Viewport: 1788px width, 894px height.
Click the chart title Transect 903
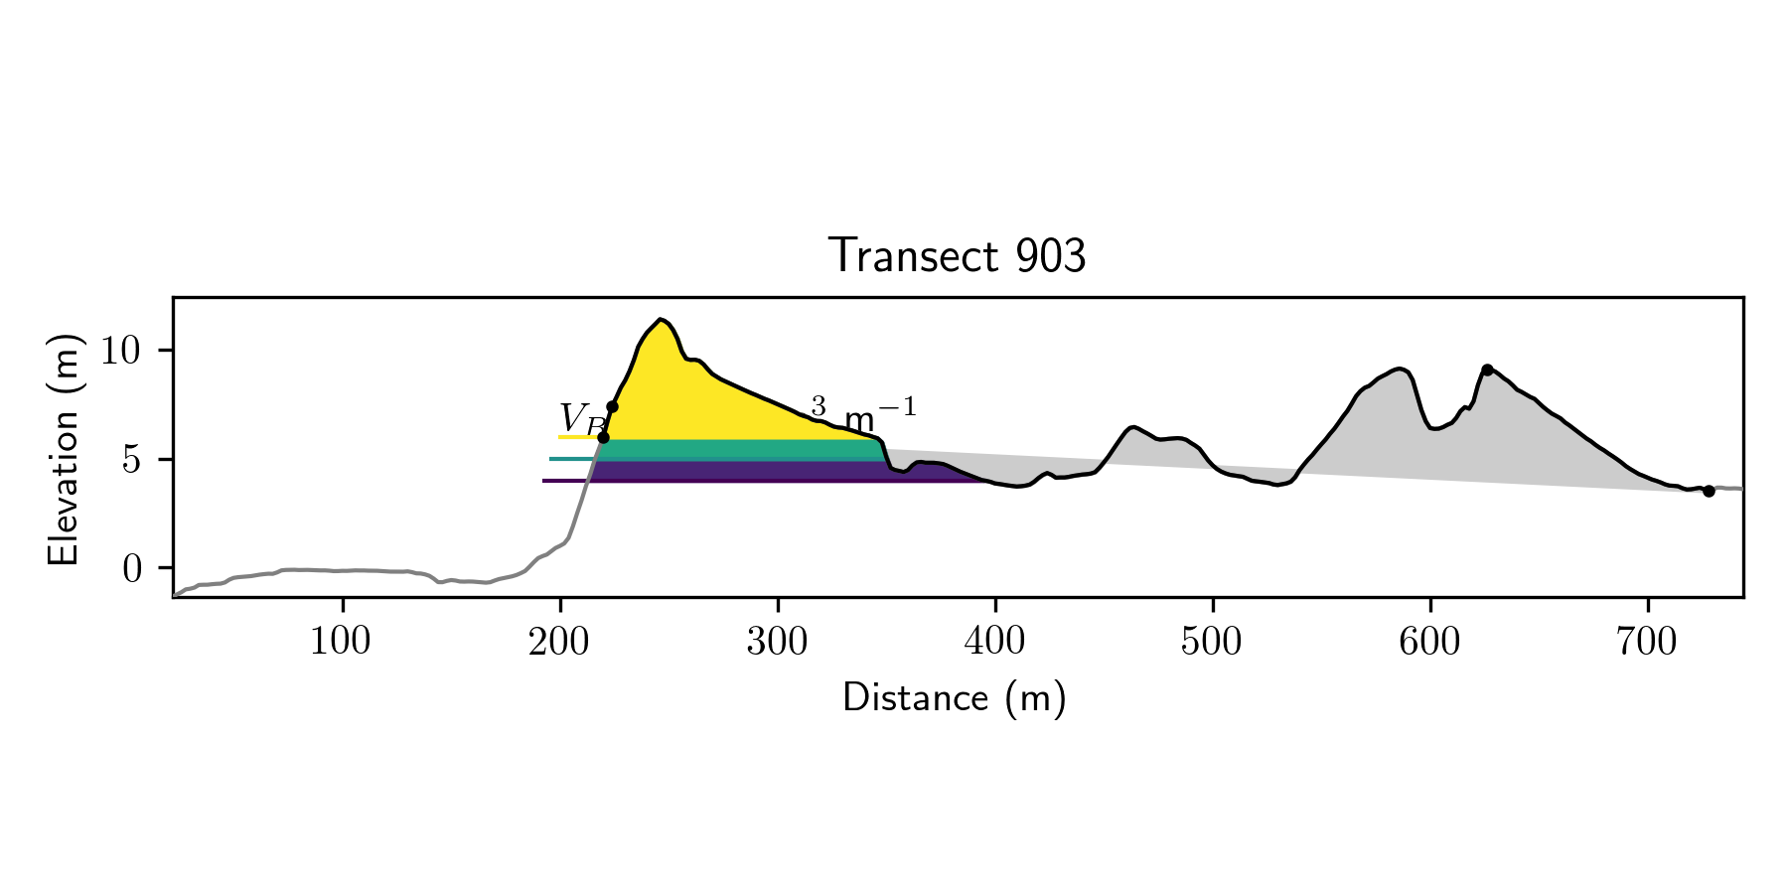(957, 256)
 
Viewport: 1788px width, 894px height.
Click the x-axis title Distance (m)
(954, 698)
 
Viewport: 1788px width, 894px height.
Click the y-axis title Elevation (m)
(64, 449)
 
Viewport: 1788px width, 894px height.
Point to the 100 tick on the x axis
(341, 643)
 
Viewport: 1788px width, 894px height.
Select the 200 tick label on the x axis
(559, 643)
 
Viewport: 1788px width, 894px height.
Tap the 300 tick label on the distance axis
(777, 643)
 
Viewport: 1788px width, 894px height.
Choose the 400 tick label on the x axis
(994, 643)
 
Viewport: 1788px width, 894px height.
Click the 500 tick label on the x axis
(1212, 643)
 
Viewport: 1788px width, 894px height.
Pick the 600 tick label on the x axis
(1429, 643)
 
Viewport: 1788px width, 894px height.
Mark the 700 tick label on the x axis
(1647, 643)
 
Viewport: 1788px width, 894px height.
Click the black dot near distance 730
(1709, 491)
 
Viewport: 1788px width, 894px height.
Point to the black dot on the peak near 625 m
(1487, 370)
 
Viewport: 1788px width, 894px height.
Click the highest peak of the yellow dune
(660, 320)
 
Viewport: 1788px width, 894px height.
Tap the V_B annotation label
(580, 419)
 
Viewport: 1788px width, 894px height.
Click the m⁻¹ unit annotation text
(879, 411)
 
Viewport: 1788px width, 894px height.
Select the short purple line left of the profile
(566, 481)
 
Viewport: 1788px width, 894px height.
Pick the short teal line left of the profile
(572, 459)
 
